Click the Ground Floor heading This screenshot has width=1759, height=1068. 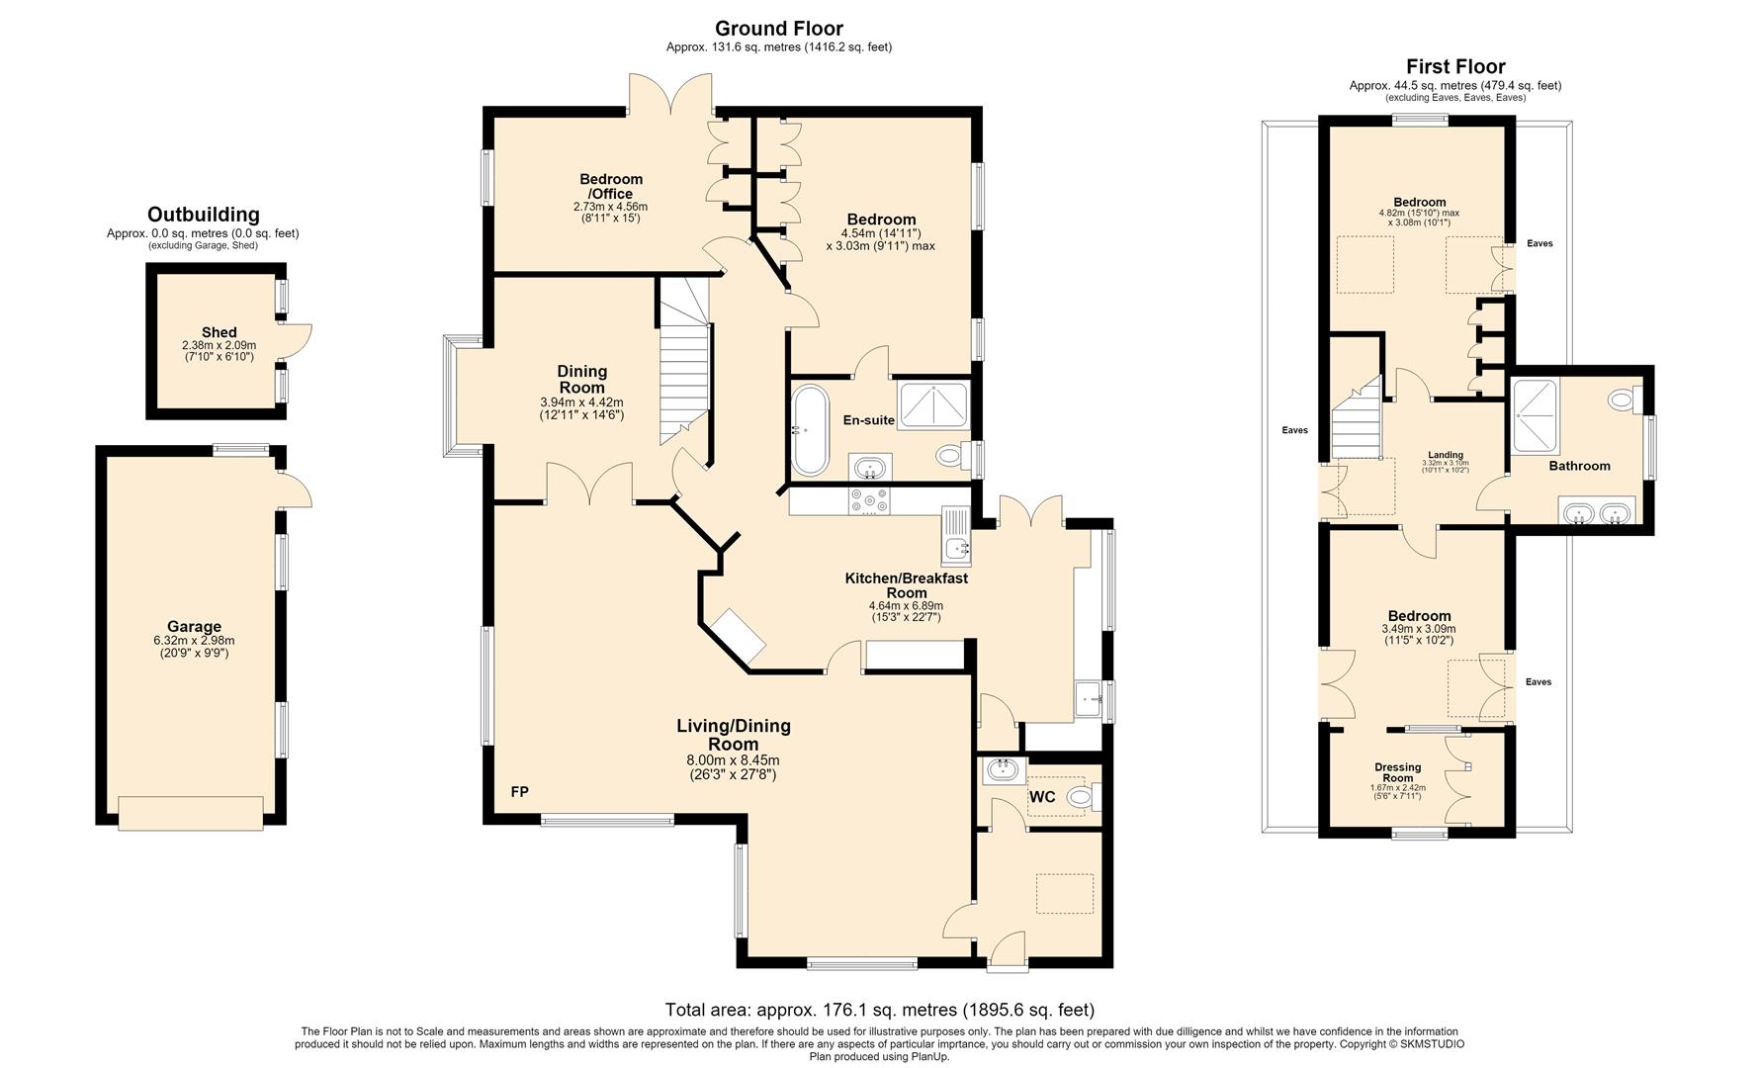pos(778,29)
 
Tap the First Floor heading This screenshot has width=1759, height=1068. pos(1455,67)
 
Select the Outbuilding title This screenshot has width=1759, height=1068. pos(204,215)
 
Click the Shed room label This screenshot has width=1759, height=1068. pos(219,332)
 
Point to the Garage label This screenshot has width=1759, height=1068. pos(194,626)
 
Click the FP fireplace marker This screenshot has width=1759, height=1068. pos(519,792)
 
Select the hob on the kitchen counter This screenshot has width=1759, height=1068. pos(869,501)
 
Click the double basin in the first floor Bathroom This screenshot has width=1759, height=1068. pos(1597,512)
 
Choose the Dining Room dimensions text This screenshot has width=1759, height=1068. pos(581,408)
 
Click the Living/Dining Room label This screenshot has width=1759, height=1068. pos(734,735)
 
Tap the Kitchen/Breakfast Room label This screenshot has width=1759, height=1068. pos(906,585)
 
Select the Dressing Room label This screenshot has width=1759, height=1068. pos(1398,772)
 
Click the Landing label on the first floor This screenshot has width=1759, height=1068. pos(1446,455)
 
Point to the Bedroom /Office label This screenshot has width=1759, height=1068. pos(611,186)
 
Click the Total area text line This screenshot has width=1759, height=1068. pos(880,1010)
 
